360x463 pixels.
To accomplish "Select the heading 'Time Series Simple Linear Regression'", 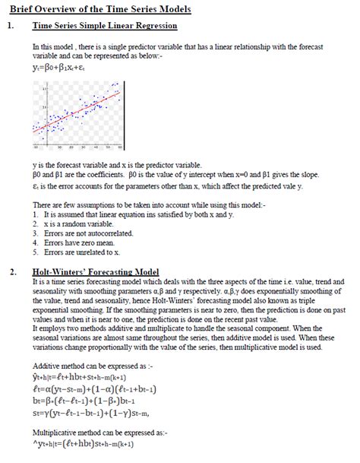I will (105, 26).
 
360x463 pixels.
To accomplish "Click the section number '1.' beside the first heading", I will (10, 26).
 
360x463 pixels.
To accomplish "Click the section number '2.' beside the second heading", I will (10, 271).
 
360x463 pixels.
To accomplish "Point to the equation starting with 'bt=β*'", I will (95, 400).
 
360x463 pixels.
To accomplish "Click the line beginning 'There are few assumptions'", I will (136, 205).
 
